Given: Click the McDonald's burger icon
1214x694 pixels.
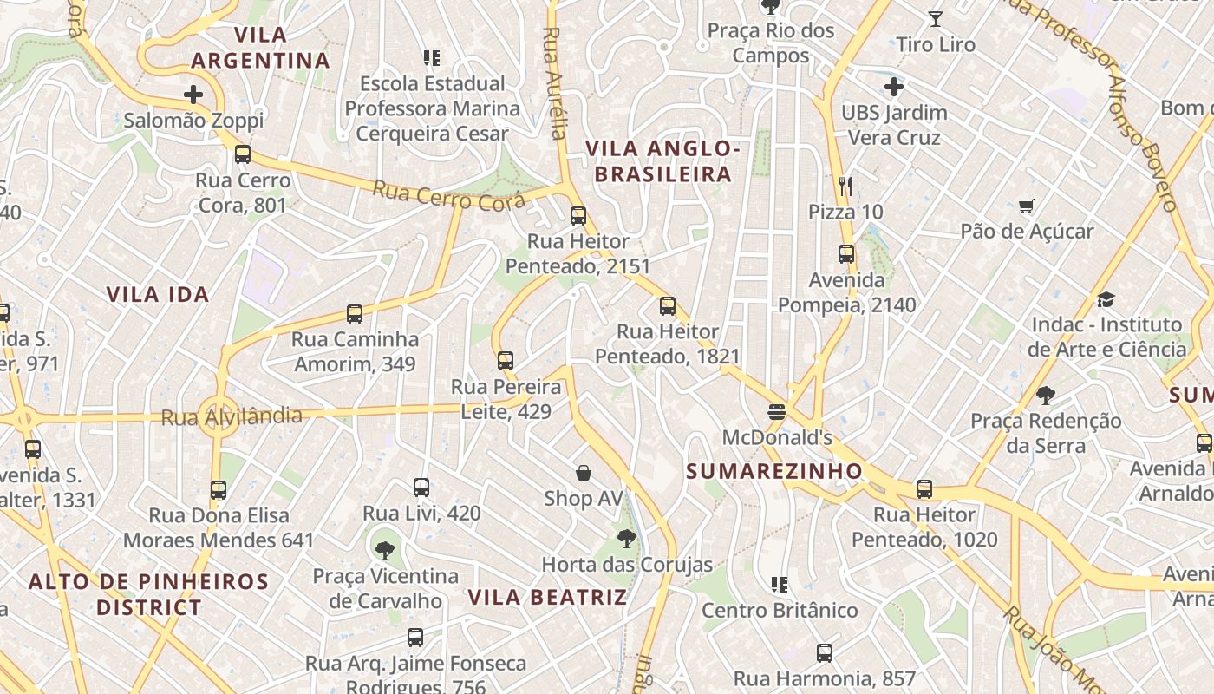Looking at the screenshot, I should tap(777, 411).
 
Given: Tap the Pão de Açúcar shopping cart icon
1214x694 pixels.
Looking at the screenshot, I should tap(1027, 206).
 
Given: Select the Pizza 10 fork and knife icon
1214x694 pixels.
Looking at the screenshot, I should tap(846, 186).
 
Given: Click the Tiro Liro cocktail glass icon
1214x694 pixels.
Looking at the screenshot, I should tap(936, 18).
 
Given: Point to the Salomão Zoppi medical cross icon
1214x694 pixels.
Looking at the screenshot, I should tap(193, 95).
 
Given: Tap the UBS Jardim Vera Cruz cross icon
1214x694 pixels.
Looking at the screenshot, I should tap(894, 87).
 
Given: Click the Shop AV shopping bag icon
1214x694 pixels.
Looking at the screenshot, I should tap(584, 473).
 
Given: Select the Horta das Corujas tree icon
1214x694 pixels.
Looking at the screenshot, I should tap(627, 539).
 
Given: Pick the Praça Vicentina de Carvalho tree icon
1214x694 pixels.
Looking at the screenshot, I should tap(385, 550).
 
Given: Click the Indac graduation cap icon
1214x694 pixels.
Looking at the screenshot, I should tap(1106, 299).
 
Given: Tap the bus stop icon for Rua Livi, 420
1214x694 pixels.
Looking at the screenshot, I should tap(421, 488).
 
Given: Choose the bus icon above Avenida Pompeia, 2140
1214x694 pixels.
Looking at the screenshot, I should tap(846, 254).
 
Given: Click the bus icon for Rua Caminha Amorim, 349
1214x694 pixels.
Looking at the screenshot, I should tap(355, 314).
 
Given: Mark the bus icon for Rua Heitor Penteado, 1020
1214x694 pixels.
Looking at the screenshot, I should tap(924, 489).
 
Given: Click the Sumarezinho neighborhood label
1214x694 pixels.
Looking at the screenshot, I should tap(774, 471).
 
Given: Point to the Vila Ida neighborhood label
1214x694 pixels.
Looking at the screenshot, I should tap(158, 294).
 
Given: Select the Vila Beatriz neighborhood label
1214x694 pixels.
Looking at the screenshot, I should tap(547, 597).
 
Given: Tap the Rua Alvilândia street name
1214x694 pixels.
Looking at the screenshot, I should tap(232, 417).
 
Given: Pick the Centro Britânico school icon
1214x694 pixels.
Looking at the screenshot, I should tap(780, 585).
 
